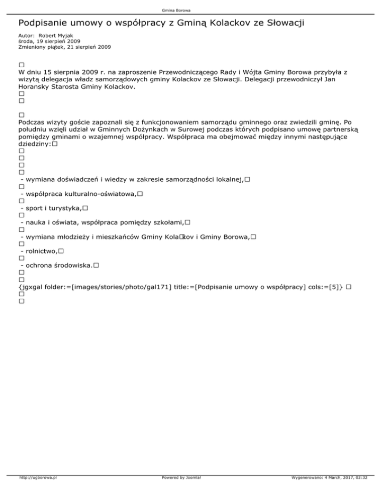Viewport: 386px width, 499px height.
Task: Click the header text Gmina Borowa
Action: pos(193,10)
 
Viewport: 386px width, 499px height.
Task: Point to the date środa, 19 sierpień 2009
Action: pos(49,41)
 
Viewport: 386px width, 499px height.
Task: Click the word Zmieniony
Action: pos(33,47)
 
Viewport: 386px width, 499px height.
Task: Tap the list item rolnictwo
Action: pos(38,251)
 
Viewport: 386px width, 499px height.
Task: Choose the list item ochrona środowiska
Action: pos(56,265)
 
